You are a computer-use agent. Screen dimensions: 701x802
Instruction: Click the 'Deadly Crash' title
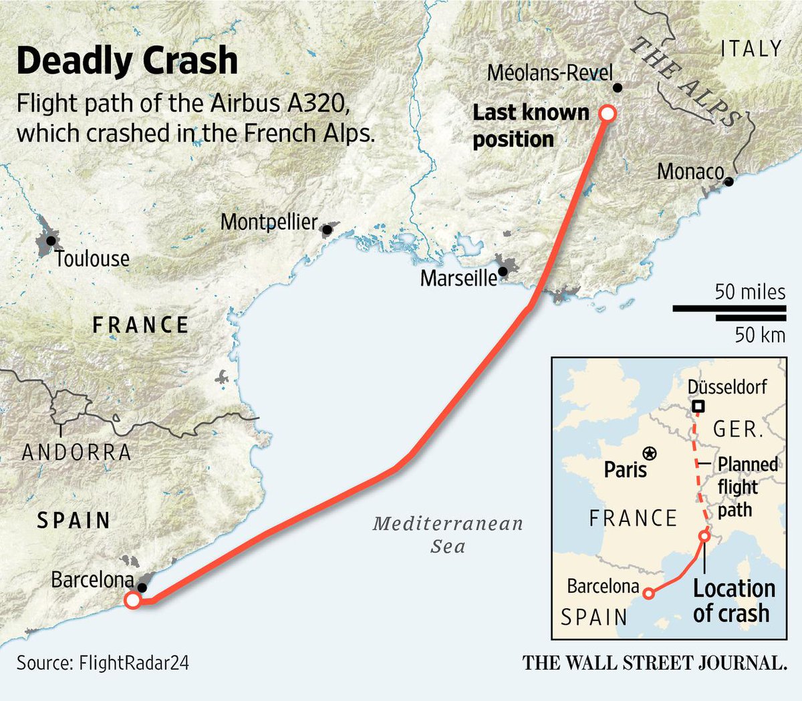pos(127,61)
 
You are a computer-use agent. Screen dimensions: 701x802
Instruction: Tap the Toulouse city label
pos(92,259)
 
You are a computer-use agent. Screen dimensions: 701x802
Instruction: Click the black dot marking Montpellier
pos(327,230)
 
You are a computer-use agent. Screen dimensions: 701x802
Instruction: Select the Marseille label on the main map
pos(458,277)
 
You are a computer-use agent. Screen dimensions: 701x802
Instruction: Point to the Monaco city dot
pos(728,181)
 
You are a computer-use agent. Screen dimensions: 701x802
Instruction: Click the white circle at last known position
pos(608,113)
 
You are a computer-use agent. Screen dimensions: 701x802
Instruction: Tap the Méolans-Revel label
pos(549,73)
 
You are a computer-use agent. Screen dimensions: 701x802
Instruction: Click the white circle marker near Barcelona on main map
pos(132,600)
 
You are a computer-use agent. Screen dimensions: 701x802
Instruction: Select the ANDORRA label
pos(77,452)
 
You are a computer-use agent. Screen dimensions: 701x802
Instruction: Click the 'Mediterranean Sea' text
pos(448,535)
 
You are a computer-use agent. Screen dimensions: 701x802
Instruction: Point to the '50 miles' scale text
pos(750,292)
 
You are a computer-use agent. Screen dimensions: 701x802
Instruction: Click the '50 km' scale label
pos(760,334)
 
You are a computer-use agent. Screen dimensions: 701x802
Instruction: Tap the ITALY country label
pos(751,49)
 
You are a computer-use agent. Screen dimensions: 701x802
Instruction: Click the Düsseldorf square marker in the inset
pos(698,406)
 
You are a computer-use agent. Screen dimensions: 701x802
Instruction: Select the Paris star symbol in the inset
pos(648,454)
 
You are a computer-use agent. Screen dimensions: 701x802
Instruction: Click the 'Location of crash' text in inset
pos(733,601)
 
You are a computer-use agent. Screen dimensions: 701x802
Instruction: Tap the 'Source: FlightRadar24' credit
pos(103,663)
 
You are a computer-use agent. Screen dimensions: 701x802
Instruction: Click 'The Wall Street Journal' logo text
pos(654,663)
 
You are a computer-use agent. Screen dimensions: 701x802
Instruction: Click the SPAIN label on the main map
pos(74,521)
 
